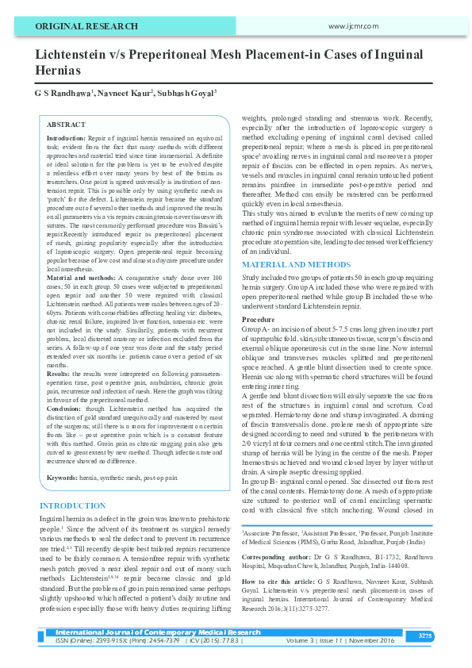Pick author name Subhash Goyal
coord(190,93)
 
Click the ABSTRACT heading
coord(67,125)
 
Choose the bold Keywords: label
coord(63,455)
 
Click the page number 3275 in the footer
coord(425,636)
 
